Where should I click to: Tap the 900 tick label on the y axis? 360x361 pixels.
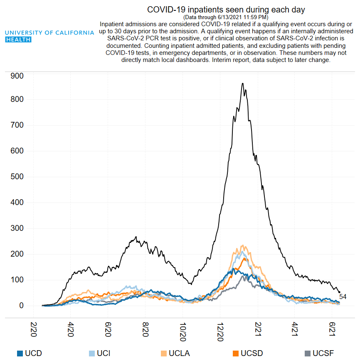[x=17, y=76]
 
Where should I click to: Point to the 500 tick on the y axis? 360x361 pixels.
[x=17, y=177]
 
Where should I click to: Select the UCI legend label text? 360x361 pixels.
[x=104, y=354]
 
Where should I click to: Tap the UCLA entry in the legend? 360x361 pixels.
[x=179, y=354]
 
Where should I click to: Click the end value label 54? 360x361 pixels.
[x=343, y=297]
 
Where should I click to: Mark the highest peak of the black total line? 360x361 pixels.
[x=243, y=84]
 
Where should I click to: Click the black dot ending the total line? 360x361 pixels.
[x=339, y=292]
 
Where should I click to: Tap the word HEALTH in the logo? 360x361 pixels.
[x=19, y=39]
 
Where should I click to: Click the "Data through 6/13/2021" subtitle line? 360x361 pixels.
[x=226, y=17]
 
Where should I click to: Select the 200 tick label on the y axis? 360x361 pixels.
[x=17, y=254]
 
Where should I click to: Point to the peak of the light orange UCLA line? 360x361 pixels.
[x=243, y=245]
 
